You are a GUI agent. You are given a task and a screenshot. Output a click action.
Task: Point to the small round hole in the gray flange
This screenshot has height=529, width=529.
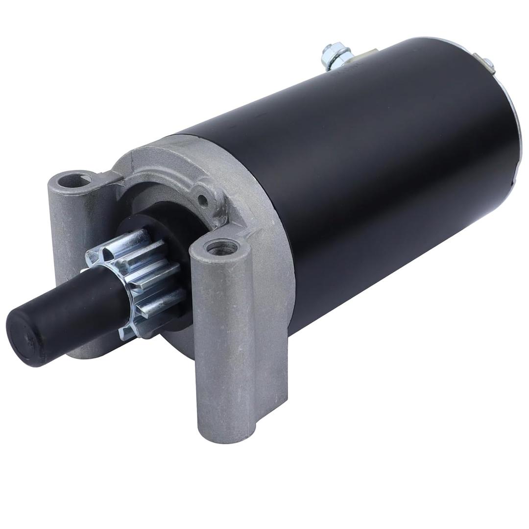(x=202, y=199)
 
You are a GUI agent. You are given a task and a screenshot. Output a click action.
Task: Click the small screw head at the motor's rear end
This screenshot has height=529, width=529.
(x=487, y=62)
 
